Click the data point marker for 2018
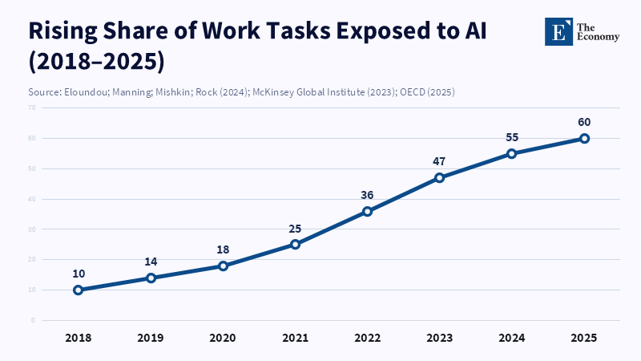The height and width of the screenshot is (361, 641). [79, 290]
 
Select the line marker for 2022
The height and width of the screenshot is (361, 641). [367, 212]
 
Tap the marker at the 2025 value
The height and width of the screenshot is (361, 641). [585, 138]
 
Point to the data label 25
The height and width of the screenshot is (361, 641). [295, 229]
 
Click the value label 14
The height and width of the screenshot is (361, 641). [151, 262]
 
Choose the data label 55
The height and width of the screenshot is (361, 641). [512, 137]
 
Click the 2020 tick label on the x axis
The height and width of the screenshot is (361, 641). [223, 338]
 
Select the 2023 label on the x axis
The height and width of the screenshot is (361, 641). [439, 338]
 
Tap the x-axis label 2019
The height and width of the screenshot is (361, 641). [151, 338]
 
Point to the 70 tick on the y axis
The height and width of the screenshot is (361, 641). [32, 107]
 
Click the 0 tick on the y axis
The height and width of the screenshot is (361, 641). [34, 320]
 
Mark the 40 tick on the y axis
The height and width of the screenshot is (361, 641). [32, 199]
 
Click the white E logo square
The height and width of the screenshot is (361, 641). [558, 30]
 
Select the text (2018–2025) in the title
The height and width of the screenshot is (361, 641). [95, 62]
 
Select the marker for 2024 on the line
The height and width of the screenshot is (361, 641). [512, 153]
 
